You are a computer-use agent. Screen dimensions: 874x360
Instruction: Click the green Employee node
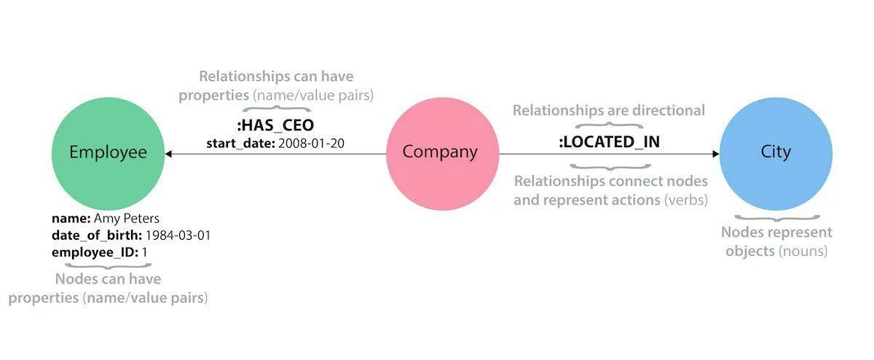pyautogui.click(x=108, y=152)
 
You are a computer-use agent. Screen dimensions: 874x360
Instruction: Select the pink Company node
pyautogui.click(x=441, y=152)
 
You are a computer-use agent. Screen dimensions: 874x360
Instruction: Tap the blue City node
pyautogui.click(x=776, y=152)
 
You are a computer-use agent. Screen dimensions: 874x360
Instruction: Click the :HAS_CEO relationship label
pyautogui.click(x=275, y=125)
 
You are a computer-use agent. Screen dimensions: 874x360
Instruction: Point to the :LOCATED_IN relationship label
pyautogui.click(x=609, y=141)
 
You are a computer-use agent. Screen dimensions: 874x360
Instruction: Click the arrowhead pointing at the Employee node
pyautogui.click(x=168, y=154)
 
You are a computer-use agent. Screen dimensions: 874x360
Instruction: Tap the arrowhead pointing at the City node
pyautogui.click(x=715, y=154)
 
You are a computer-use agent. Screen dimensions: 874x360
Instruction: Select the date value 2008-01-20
pyautogui.click(x=311, y=144)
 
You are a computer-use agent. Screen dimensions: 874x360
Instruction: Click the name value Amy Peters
pyautogui.click(x=127, y=218)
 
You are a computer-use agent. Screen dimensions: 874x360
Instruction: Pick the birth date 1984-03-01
pyautogui.click(x=178, y=235)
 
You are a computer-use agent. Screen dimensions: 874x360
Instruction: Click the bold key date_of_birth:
pyautogui.click(x=97, y=235)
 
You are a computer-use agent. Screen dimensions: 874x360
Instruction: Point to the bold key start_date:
pyautogui.click(x=240, y=144)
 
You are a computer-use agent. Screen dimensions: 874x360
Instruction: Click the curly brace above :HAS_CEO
pyautogui.click(x=275, y=109)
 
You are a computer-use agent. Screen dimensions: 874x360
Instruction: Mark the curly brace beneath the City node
pyautogui.click(x=776, y=216)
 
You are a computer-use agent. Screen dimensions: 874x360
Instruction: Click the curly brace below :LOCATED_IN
pyautogui.click(x=609, y=166)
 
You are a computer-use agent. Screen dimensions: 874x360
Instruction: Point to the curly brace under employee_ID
pyautogui.click(x=108, y=266)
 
